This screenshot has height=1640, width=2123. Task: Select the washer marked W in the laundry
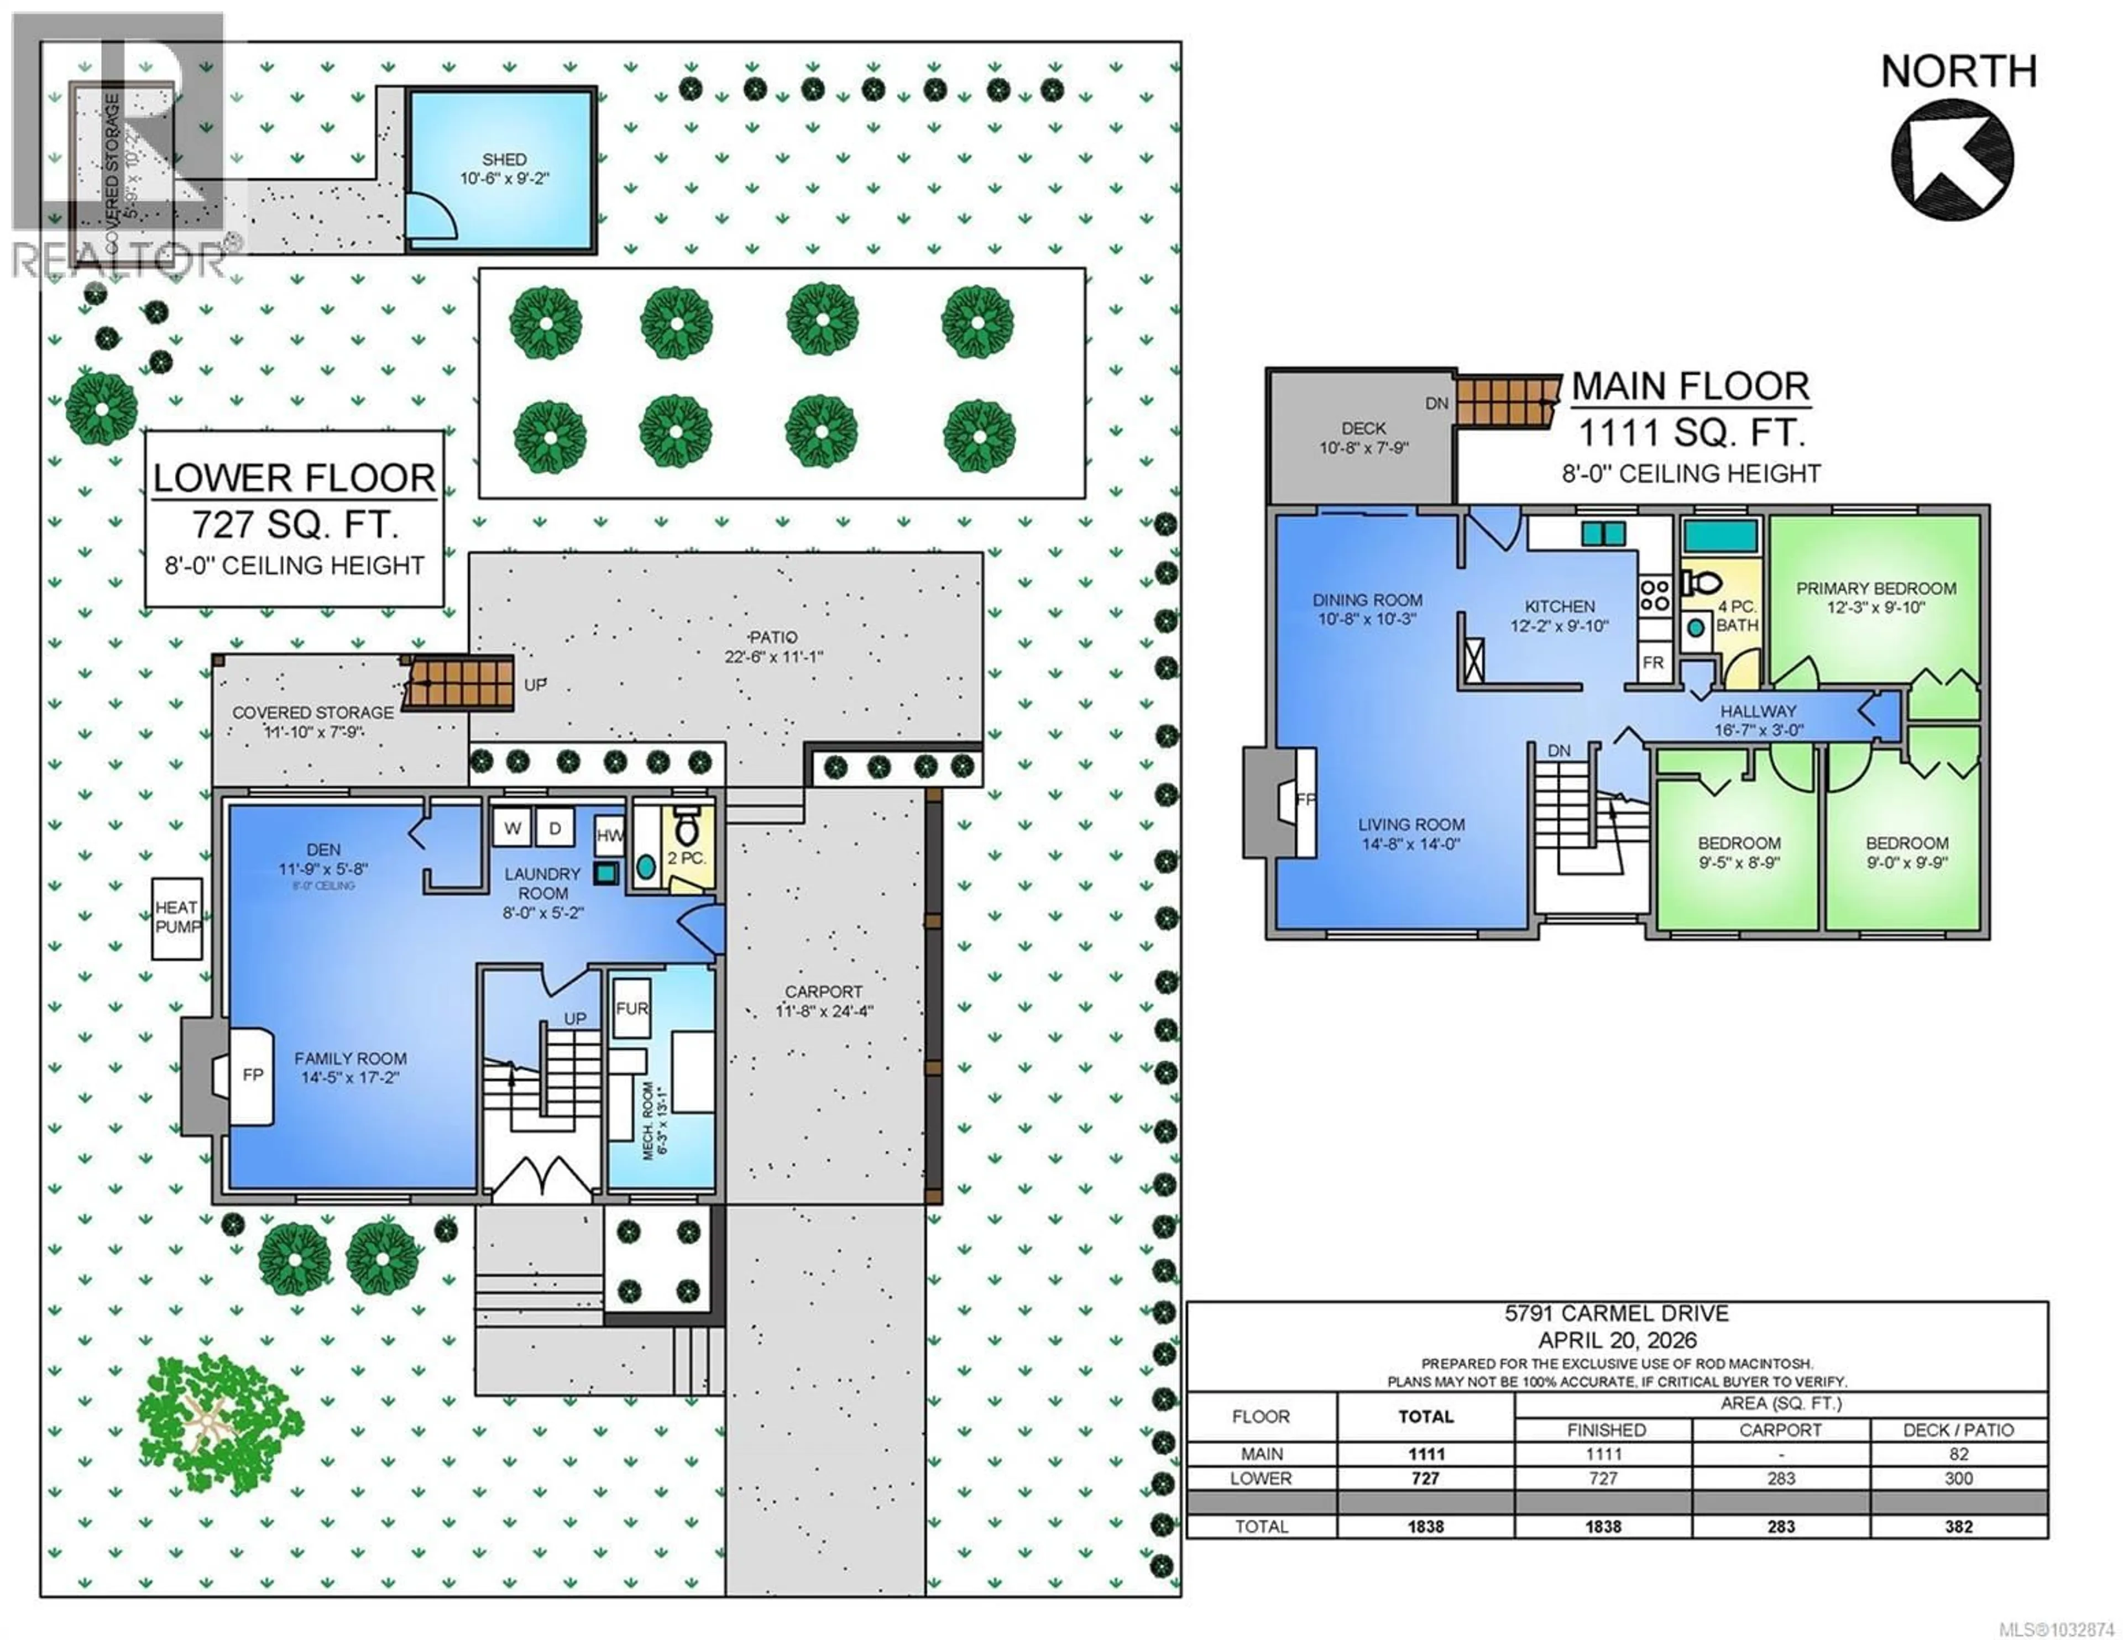point(513,828)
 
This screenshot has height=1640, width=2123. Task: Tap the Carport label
point(823,992)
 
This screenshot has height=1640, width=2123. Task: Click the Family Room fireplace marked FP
point(251,1075)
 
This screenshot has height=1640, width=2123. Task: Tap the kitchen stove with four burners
point(1655,594)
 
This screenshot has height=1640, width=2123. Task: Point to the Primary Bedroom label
point(1875,588)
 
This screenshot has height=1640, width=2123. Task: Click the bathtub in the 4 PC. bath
point(1721,536)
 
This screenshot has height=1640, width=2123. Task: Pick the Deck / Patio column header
point(1958,1430)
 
